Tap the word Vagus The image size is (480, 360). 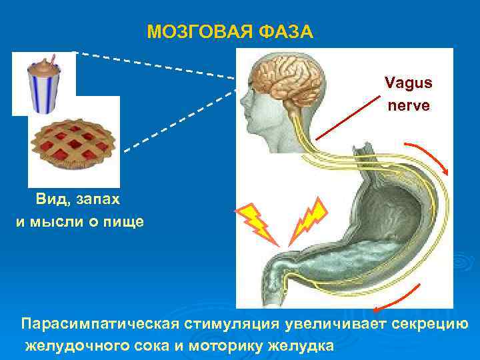click(408, 83)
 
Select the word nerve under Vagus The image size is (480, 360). click(408, 105)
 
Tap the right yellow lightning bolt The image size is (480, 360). click(307, 217)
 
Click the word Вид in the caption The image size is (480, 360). click(49, 199)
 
